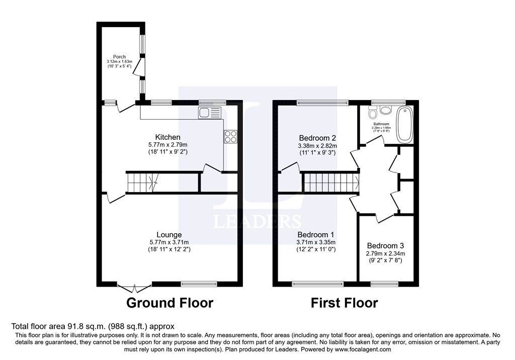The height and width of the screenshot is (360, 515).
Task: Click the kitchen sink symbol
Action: point(210,113)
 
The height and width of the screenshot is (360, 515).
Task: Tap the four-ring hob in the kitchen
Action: point(230,137)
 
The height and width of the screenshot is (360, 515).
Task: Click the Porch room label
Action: point(119,57)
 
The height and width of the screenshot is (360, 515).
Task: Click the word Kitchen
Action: point(167,137)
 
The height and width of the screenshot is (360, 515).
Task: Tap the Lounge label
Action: point(169,235)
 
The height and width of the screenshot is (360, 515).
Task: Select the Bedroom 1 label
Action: point(316,235)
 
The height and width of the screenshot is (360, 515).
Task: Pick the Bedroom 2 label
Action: point(317,138)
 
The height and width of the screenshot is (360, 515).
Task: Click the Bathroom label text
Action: point(381,124)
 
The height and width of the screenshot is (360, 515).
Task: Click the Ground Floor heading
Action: point(169,303)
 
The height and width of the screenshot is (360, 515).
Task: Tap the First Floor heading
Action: point(344,303)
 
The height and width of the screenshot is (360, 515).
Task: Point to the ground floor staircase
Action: point(142,182)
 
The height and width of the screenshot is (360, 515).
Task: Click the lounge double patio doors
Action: point(134,287)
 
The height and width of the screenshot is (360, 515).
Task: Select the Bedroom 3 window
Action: point(385,284)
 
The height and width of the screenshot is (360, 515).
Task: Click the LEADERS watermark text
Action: point(257,222)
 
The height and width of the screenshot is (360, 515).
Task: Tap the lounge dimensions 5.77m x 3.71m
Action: point(169,242)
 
